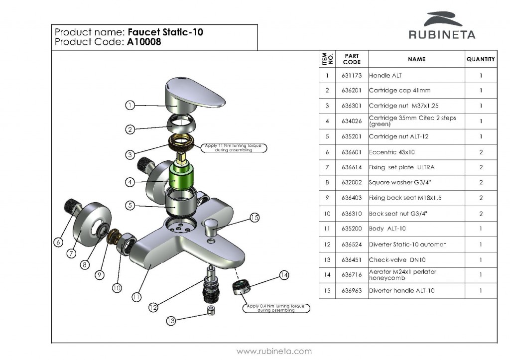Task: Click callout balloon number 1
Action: tap(129, 105)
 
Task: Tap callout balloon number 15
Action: tap(255, 217)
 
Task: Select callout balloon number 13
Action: tap(171, 321)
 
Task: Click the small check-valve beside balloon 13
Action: tap(211, 311)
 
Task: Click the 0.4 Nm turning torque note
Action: tap(275, 308)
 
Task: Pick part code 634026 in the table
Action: tap(352, 121)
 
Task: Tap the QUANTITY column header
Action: tap(481, 59)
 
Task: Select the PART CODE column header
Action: tap(352, 59)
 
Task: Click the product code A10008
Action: tap(144, 42)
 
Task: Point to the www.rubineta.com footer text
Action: tap(274, 351)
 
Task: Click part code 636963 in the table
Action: tap(352, 290)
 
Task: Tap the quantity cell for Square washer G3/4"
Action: tap(481, 182)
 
